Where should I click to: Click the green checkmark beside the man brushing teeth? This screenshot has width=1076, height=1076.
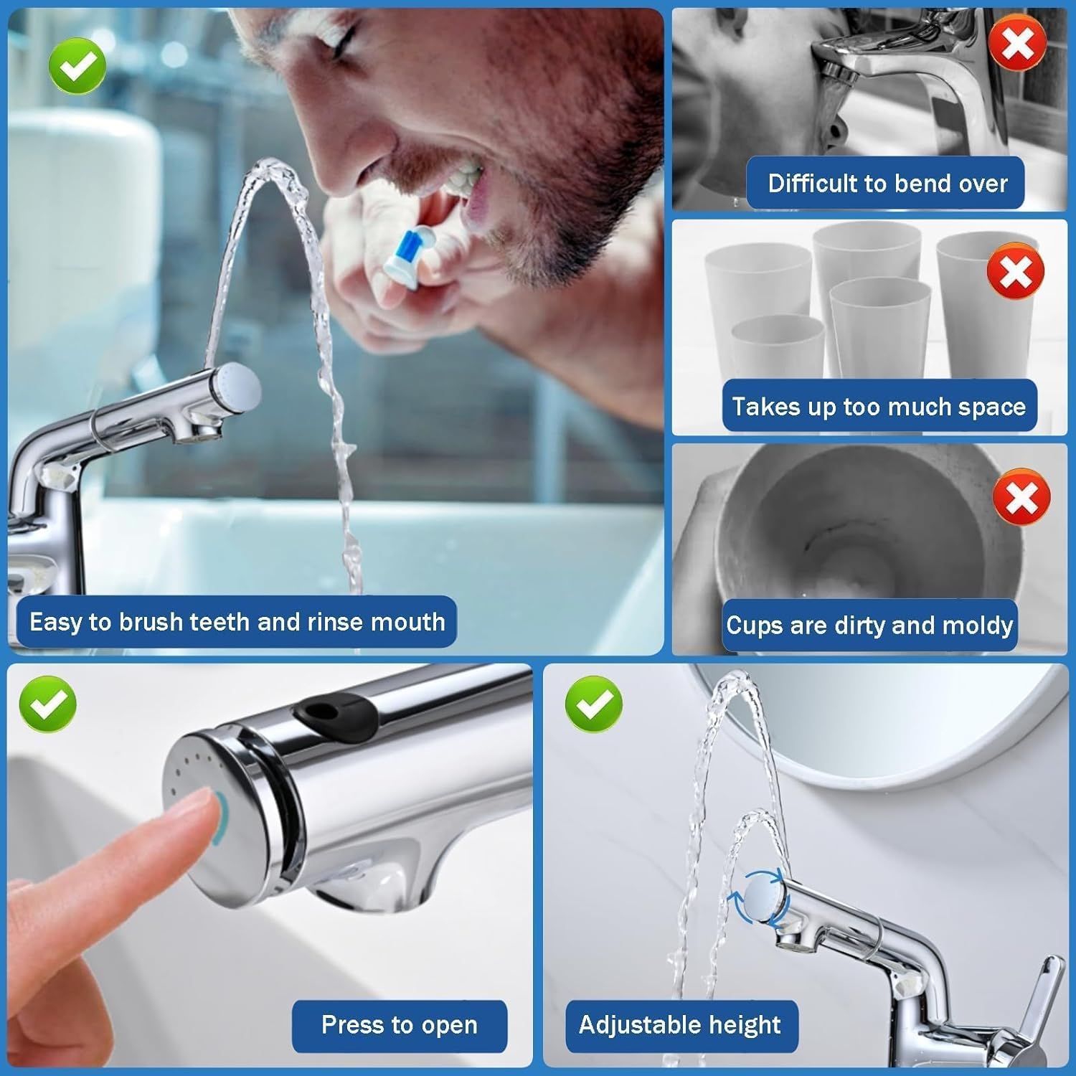coord(77,67)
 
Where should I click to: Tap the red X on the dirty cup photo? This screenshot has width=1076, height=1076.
coord(1022,497)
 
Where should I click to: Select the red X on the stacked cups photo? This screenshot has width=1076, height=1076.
coord(1015,272)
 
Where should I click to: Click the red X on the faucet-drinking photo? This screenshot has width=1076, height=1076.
coord(1017,44)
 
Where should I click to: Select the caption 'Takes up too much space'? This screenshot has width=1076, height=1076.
coord(879,406)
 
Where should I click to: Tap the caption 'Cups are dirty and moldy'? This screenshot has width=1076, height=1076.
coord(869,625)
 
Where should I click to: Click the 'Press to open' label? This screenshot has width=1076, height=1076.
coord(400,1025)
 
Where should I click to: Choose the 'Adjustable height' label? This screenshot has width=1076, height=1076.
coord(680,1025)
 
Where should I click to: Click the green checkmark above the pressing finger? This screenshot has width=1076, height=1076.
coord(47,704)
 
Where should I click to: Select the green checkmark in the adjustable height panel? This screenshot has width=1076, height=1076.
coord(593,704)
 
